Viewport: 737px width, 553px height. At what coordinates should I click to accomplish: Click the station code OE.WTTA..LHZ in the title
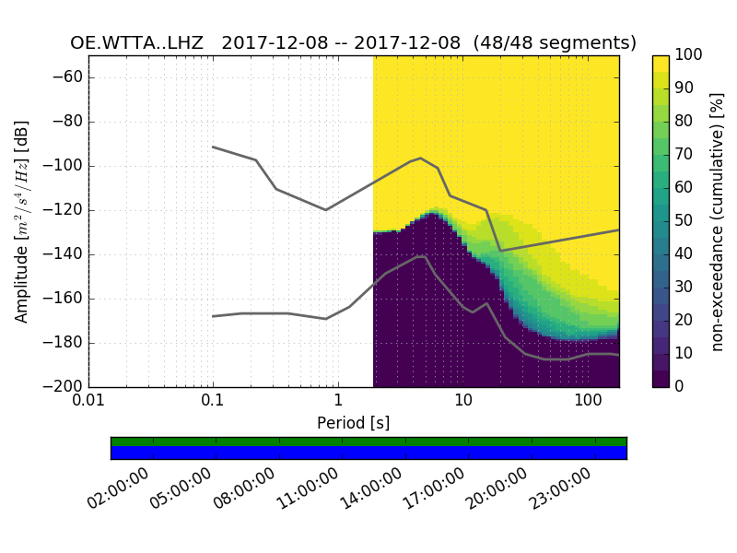[136, 42]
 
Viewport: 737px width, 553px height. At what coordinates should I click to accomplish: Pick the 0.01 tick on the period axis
[88, 402]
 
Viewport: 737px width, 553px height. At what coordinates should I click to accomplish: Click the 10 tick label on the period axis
[463, 402]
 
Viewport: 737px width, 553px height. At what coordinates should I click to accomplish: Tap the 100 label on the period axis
[588, 402]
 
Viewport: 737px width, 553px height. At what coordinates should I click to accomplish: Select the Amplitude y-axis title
[21, 221]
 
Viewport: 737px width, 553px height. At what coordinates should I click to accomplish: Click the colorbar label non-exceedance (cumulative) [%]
[718, 221]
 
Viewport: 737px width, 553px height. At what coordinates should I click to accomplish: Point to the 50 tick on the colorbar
[684, 221]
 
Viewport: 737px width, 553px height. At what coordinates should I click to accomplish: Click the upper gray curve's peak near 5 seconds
[420, 158]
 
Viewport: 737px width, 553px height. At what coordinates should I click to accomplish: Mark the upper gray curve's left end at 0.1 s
[213, 147]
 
